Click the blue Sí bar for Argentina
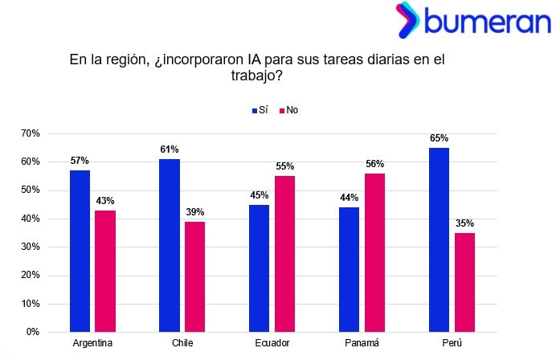[80, 251]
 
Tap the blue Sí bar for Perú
[439, 239]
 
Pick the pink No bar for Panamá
[374, 252]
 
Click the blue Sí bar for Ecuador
[259, 268]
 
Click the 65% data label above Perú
[439, 138]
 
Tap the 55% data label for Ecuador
[284, 166]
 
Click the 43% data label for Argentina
[105, 200]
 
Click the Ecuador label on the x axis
[272, 343]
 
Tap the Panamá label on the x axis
[362, 343]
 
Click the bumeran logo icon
[407, 20]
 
